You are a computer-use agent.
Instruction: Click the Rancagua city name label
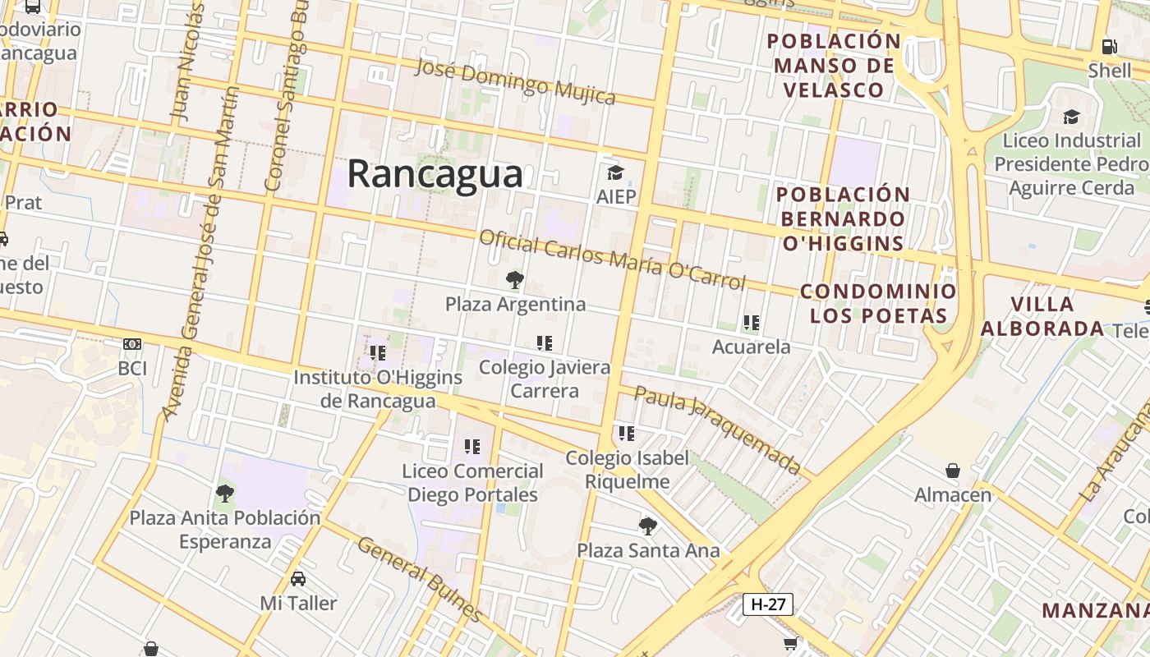(x=435, y=174)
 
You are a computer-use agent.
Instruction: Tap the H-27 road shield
(x=768, y=604)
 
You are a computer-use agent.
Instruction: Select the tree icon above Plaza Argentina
(x=515, y=280)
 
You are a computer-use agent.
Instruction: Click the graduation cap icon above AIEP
(x=615, y=172)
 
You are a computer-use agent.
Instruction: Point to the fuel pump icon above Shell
(x=1110, y=47)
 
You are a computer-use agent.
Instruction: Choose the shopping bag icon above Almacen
(x=953, y=471)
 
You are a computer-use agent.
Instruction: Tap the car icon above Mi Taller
(x=298, y=578)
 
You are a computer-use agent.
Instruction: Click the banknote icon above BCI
(x=132, y=343)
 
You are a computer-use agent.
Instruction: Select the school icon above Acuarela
(x=751, y=323)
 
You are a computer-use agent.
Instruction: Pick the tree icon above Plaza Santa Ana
(x=648, y=526)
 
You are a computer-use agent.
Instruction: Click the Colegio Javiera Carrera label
(x=545, y=379)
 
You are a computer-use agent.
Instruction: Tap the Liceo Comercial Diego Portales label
(x=472, y=483)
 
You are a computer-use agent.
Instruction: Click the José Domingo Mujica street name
(x=515, y=81)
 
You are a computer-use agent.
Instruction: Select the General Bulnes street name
(x=420, y=579)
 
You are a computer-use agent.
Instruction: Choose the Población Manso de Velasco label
(x=834, y=66)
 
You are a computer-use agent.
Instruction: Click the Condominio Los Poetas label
(x=878, y=303)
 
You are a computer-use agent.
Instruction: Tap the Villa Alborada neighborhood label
(x=1042, y=316)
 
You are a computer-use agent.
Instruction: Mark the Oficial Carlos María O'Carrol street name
(x=612, y=260)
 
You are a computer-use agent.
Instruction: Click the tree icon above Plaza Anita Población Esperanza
(x=224, y=494)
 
